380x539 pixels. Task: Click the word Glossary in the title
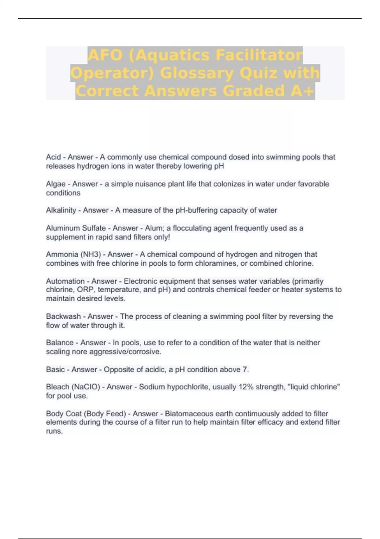pos(197,73)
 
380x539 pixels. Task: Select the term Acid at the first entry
pos(53,157)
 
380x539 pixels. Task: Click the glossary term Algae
pos(56,184)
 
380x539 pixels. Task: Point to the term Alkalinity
pos(61,210)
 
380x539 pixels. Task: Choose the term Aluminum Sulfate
pos(76,228)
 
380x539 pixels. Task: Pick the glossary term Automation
pos(65,281)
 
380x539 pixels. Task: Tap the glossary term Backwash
pos(63,316)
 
